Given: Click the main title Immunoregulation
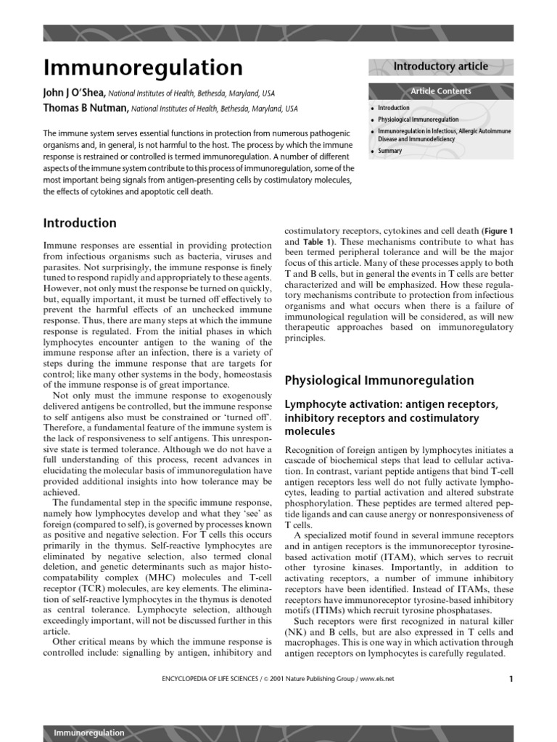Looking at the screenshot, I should tap(143, 67).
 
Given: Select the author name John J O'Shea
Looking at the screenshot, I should tap(75, 93).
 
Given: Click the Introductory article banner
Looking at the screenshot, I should tap(440, 67).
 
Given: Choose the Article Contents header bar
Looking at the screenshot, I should tap(440, 91).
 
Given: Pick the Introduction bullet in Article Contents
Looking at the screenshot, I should tap(393, 108).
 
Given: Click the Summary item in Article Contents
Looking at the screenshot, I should tap(389, 151).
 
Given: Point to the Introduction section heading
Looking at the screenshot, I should tap(80, 223).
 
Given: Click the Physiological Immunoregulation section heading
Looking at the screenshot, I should tap(379, 380).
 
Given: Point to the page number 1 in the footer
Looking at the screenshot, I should tap(511, 679).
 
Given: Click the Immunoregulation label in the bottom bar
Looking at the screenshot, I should tap(89, 733).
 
